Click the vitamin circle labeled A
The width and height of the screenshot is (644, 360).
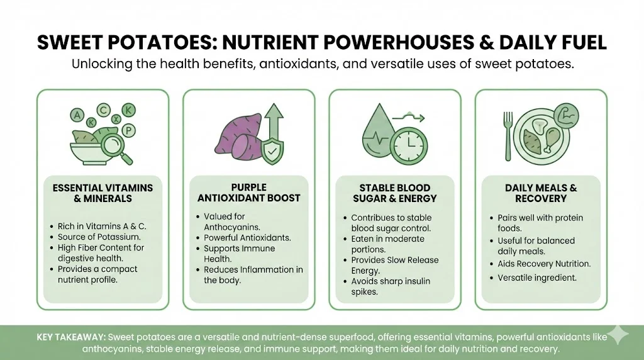pyautogui.click(x=77, y=115)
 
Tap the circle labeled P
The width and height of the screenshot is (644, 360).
pyautogui.click(x=128, y=131)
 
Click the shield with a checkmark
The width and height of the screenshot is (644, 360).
pyautogui.click(x=272, y=151)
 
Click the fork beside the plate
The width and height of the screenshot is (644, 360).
pyautogui.click(x=508, y=136)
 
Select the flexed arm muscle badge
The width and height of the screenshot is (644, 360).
pyautogui.click(x=567, y=116)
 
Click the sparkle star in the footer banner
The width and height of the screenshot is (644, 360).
pyautogui.click(x=618, y=335)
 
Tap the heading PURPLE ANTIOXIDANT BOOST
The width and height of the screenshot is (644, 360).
pyautogui.click(x=249, y=193)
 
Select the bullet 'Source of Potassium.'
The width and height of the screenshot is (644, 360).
pyautogui.click(x=99, y=237)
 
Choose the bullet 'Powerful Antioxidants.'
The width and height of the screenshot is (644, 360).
pyautogui.click(x=247, y=238)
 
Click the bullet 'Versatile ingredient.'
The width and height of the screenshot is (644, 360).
pyautogui.click(x=537, y=278)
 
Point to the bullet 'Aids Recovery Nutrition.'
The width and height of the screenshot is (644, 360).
pyautogui.click(x=544, y=264)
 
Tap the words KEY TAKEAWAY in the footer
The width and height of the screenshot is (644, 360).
pyautogui.click(x=72, y=337)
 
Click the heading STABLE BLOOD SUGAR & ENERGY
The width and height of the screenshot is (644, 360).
pyautogui.click(x=395, y=193)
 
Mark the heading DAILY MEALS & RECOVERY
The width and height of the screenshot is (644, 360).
pyautogui.click(x=541, y=193)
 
